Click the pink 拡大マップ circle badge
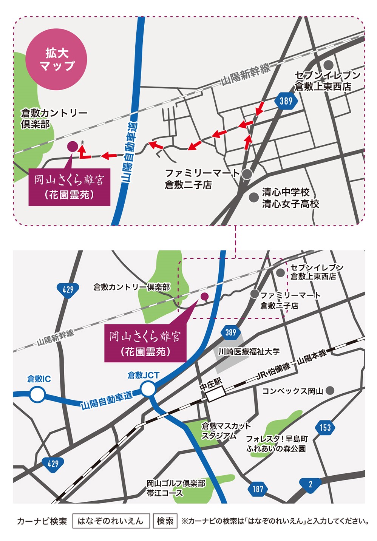click(x=56, y=59)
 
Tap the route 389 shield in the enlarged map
click(x=286, y=101)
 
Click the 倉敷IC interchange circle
click(x=37, y=395)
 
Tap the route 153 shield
click(x=325, y=427)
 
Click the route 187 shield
click(x=258, y=489)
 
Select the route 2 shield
click(x=310, y=484)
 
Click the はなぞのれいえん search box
click(x=111, y=521)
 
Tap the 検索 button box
click(x=165, y=521)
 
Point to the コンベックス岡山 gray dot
click(x=331, y=390)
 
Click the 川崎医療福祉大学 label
click(x=249, y=352)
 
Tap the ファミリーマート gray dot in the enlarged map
click(x=247, y=174)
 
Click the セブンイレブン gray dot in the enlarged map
click(x=329, y=64)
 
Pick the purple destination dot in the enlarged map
click(x=72, y=146)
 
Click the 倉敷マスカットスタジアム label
click(x=226, y=431)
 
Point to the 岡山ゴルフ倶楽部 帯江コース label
click(x=176, y=488)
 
